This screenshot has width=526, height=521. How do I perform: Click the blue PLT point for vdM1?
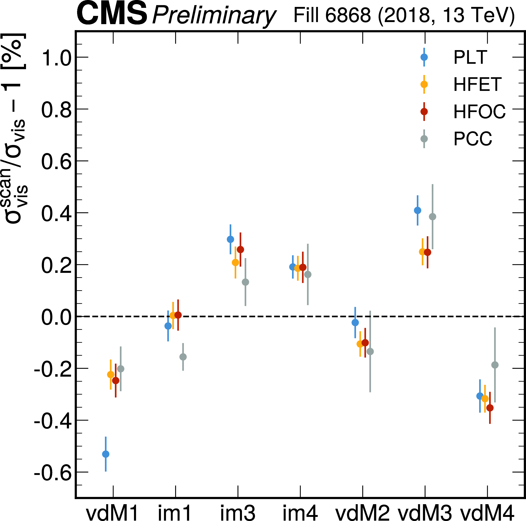point(106,454)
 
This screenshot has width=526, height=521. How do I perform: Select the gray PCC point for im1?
point(183,357)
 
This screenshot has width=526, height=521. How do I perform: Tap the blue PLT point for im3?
point(230,239)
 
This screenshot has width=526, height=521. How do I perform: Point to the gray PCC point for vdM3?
point(432,217)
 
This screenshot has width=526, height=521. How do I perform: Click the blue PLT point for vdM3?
point(417,210)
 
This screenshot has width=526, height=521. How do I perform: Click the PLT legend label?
point(470,57)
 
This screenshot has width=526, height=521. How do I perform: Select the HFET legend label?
point(477,84)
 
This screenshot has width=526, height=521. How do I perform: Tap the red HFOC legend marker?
point(424,111)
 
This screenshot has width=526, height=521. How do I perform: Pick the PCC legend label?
point(473,139)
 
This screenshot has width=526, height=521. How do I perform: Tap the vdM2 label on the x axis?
point(362,513)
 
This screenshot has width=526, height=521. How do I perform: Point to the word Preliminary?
point(214,16)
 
